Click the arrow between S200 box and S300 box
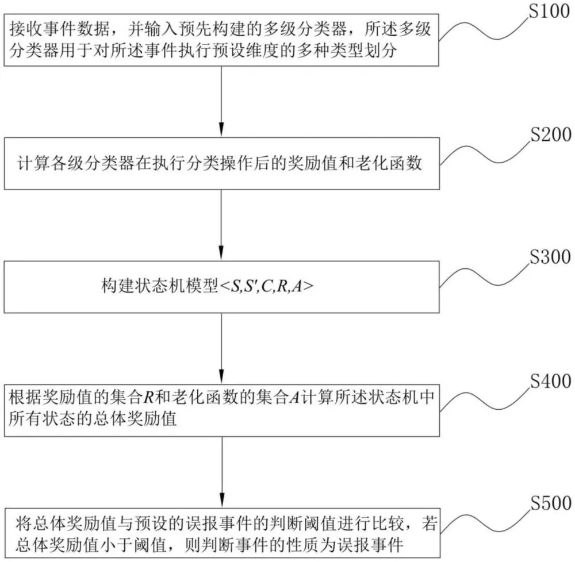coord(222,224)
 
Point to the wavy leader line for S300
coord(486,279)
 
